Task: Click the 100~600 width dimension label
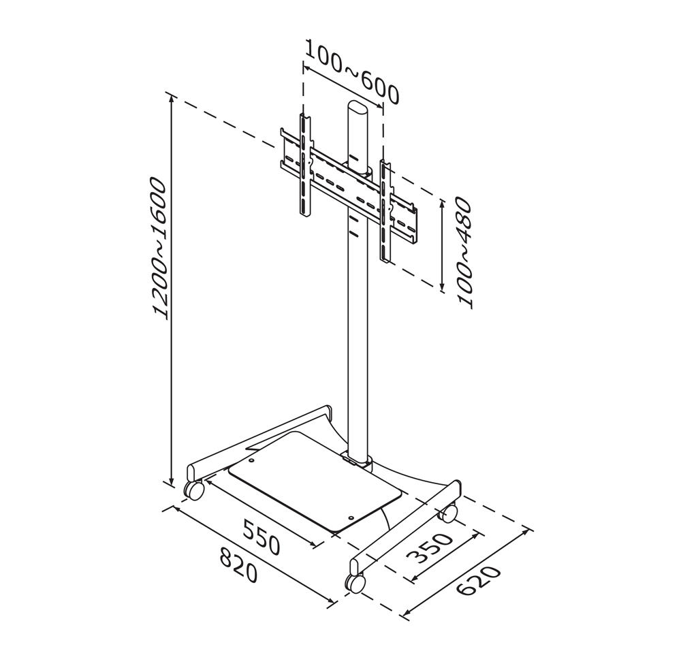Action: (x=352, y=71)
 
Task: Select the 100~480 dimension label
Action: (x=463, y=252)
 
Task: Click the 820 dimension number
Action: (x=238, y=564)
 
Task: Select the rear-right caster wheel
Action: (x=449, y=513)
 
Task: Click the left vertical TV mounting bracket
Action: (x=305, y=165)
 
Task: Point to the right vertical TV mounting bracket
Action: (x=385, y=211)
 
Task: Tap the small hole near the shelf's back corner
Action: (x=251, y=461)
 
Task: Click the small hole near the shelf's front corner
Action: (x=351, y=517)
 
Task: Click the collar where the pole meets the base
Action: (x=359, y=462)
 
